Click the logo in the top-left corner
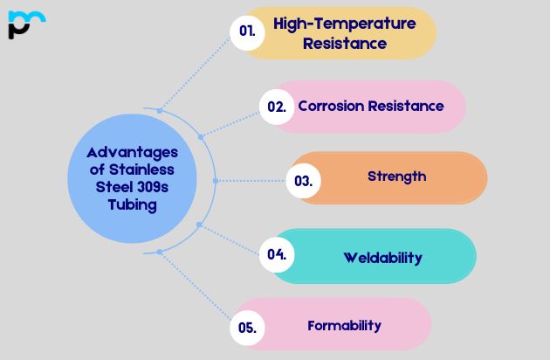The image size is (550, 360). (x=27, y=24)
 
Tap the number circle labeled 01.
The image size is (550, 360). (x=247, y=32)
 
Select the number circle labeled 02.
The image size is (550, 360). (x=277, y=107)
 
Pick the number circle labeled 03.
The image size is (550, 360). (x=304, y=181)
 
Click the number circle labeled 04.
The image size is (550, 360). (x=277, y=254)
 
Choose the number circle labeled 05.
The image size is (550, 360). (x=247, y=328)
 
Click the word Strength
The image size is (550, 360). (x=396, y=177)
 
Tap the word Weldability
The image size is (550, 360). (x=382, y=258)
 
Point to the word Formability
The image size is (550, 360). (x=345, y=326)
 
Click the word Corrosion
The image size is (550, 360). (x=332, y=106)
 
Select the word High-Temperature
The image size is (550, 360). (x=345, y=24)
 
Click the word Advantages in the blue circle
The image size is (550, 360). (x=132, y=153)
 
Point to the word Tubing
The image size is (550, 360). (x=132, y=205)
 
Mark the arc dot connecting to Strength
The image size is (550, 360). (x=216, y=181)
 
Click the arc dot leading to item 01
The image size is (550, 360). (x=160, y=111)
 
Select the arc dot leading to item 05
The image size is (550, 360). (x=160, y=252)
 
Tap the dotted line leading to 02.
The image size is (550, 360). (x=230, y=125)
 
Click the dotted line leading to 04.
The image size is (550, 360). (x=230, y=240)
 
